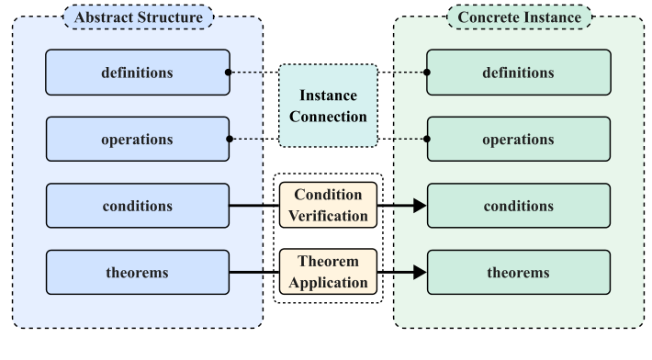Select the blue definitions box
(138, 72)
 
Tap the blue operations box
(138, 139)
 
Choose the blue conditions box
(138, 206)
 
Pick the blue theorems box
(138, 273)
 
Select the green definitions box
(519, 72)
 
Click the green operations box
(519, 139)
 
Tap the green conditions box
(519, 206)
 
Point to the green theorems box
(519, 273)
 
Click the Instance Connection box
(328, 106)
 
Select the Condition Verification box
(328, 206)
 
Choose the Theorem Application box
(328, 272)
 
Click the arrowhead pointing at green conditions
(420, 206)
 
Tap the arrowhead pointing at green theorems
(420, 273)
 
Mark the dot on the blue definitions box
(229, 72)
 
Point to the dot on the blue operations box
(229, 139)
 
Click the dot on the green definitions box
(427, 72)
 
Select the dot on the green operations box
(427, 139)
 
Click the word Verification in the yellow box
(328, 216)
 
